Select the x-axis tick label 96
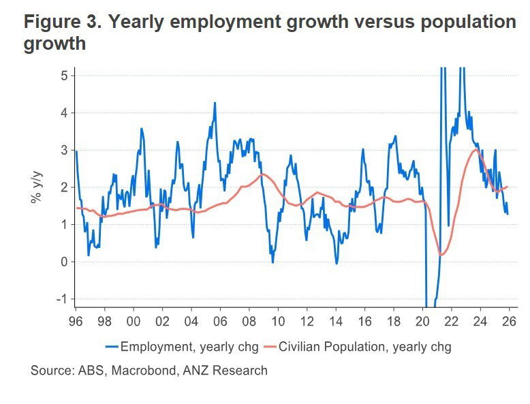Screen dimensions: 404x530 76,319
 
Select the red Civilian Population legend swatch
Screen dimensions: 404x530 271,347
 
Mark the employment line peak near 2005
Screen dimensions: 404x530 215,104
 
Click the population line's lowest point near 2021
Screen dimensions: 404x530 441,254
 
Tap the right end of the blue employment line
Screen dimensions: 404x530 508,214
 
